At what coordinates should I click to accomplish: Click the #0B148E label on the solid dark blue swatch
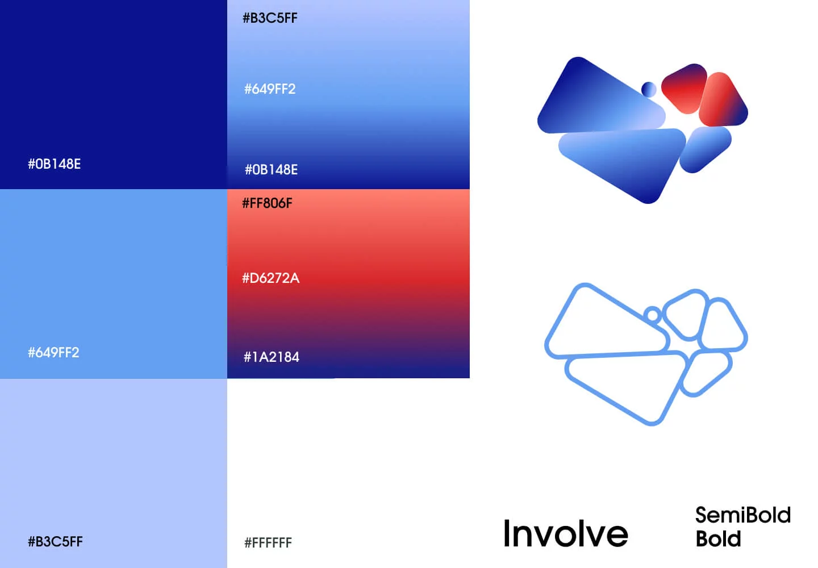tap(55, 164)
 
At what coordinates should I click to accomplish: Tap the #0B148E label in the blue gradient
tap(272, 169)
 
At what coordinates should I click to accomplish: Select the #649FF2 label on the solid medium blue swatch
tap(53, 352)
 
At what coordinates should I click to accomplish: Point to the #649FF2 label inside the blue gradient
tap(270, 89)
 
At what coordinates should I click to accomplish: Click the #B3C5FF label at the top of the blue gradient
tap(270, 18)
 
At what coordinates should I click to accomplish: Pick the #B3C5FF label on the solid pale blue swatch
tap(56, 541)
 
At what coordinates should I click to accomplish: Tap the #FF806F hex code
tap(268, 203)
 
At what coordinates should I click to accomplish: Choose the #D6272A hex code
tap(270, 278)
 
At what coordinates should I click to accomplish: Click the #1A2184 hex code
tap(272, 357)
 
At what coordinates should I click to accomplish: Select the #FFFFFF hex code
tap(268, 542)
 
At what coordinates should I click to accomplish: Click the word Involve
tap(566, 533)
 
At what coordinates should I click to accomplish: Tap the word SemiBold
tap(743, 515)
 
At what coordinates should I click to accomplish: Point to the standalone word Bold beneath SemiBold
tap(718, 538)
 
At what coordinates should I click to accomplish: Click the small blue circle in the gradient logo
tap(649, 89)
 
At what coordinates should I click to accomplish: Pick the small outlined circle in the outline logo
tap(653, 314)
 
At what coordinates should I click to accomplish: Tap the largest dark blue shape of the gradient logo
tap(599, 99)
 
